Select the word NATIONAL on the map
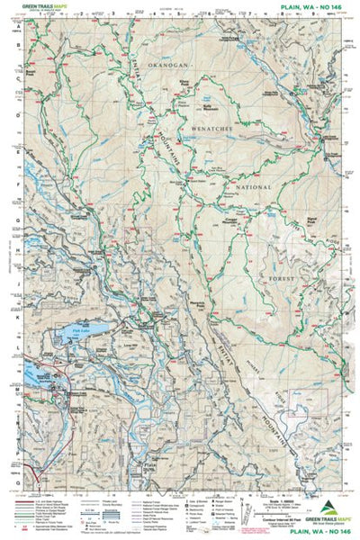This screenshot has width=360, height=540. (x=254, y=187)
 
